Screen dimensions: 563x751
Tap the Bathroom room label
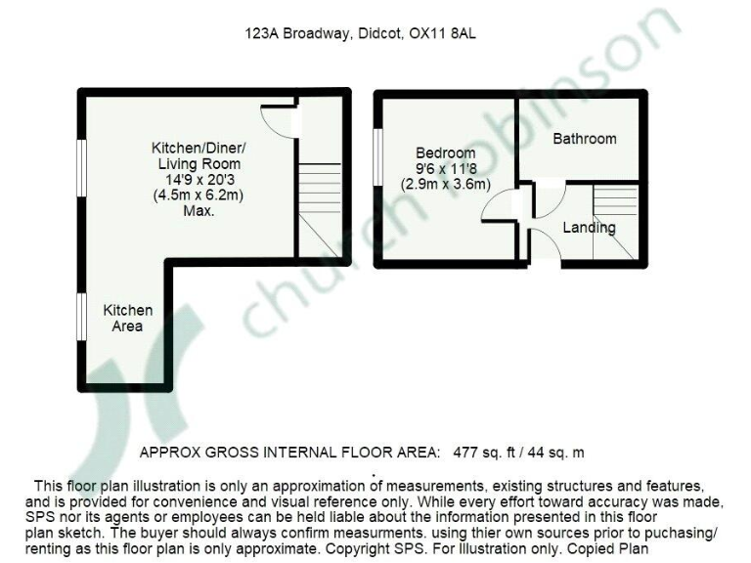585,139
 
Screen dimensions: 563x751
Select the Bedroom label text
446,153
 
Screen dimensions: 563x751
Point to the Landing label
589,228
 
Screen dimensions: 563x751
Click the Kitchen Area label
128,318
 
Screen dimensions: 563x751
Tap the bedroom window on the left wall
376,155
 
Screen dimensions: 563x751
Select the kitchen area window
82,318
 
